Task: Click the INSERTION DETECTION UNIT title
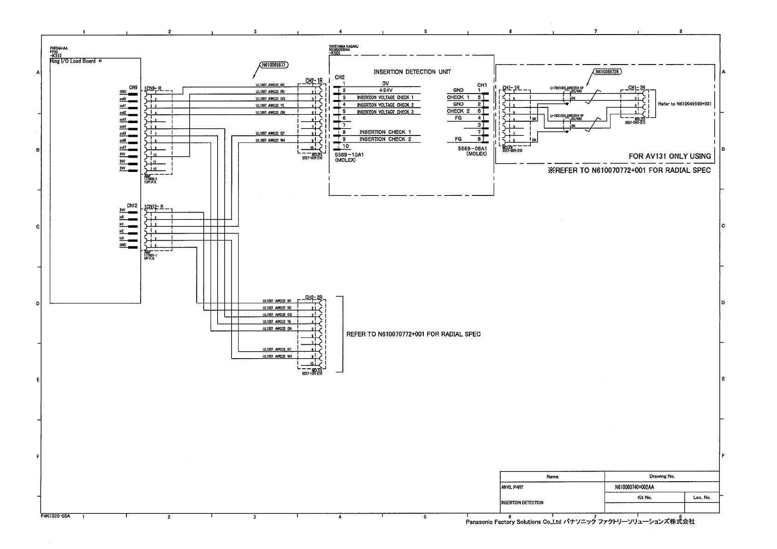[x=412, y=72]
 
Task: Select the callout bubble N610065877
[x=274, y=65]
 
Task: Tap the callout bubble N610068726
[x=607, y=71]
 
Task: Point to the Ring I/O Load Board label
[x=73, y=61]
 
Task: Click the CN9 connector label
[x=133, y=87]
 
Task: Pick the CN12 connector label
[x=132, y=206]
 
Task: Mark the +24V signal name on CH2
[x=385, y=90]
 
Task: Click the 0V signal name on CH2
[x=386, y=83]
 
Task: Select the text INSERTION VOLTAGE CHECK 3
[x=385, y=112]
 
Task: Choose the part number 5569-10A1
[x=349, y=155]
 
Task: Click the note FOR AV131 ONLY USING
[x=670, y=156]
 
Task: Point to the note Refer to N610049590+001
[x=684, y=104]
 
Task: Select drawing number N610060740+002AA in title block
[x=634, y=487]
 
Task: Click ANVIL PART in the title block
[x=512, y=487]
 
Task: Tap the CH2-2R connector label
[x=314, y=297]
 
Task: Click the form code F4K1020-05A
[x=55, y=516]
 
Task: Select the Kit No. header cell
[x=644, y=497]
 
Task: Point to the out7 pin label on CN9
[x=123, y=148]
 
